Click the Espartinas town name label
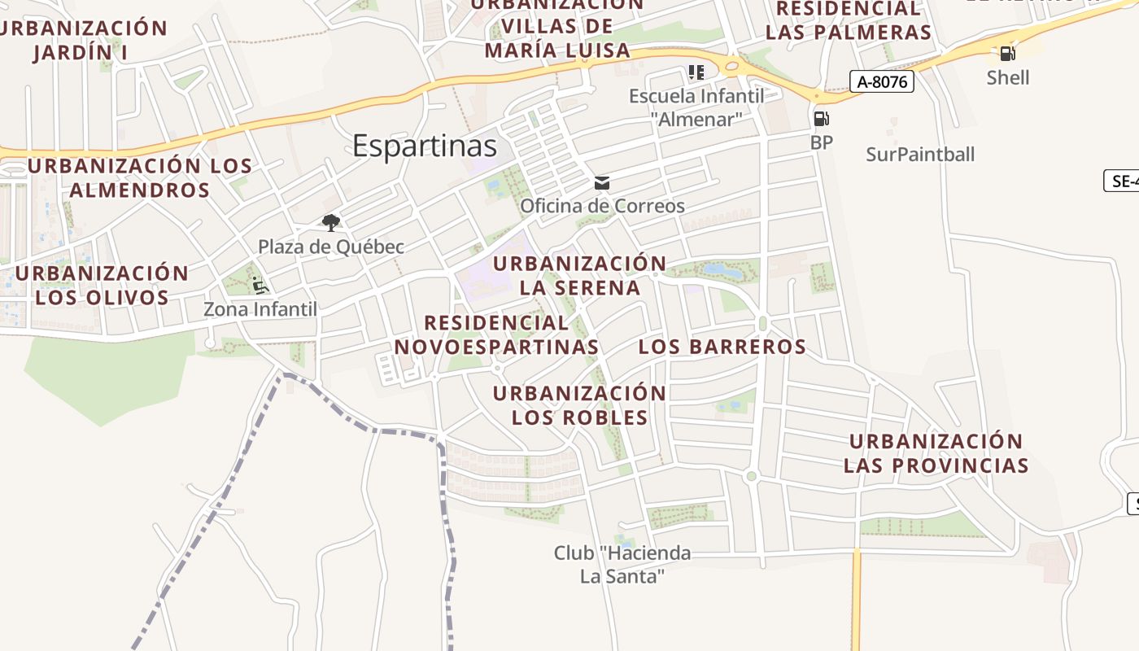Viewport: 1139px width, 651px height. tap(424, 146)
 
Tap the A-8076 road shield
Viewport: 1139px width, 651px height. tap(882, 81)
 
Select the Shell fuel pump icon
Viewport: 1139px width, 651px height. tap(1007, 55)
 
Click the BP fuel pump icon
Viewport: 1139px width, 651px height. tap(821, 119)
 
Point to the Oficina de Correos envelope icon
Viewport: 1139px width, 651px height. tap(602, 182)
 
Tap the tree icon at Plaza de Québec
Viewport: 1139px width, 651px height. tap(330, 222)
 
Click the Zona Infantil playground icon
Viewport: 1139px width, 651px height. tap(260, 286)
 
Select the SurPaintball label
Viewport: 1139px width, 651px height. tap(919, 155)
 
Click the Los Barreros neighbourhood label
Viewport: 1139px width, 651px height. tap(722, 347)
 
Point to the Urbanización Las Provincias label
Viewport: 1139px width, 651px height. tap(936, 453)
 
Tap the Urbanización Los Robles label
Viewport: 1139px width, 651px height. tap(579, 405)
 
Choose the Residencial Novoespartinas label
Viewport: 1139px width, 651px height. tap(496, 334)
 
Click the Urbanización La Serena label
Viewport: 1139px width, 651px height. tap(579, 276)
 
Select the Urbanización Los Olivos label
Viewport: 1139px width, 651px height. tap(102, 285)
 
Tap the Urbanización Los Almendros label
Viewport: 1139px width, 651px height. tap(139, 178)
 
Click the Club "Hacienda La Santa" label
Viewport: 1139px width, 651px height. tap(622, 565)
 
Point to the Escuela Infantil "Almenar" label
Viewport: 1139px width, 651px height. tap(696, 107)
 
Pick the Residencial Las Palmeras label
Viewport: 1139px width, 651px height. tap(848, 21)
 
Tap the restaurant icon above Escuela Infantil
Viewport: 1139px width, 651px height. tap(696, 72)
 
